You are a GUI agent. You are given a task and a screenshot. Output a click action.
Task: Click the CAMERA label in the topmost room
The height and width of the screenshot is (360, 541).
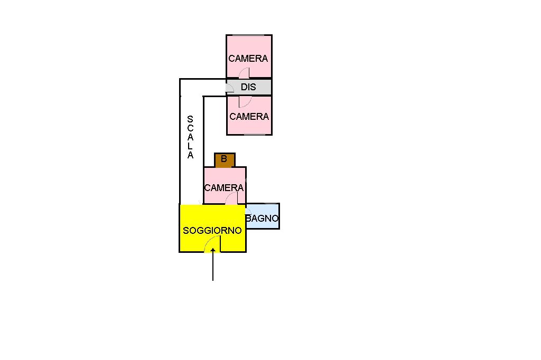248,59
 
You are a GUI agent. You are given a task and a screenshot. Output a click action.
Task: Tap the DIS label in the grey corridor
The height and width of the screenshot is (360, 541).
248,87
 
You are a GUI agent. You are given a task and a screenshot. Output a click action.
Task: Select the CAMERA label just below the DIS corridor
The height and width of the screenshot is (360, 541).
249,117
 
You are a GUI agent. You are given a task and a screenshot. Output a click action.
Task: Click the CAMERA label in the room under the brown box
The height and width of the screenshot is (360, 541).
224,188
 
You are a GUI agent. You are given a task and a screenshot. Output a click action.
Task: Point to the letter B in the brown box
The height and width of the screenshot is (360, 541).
224,159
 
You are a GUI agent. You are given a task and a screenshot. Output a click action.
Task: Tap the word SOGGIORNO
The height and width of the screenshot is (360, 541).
212,231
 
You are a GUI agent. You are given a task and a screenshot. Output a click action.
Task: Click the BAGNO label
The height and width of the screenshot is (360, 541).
263,218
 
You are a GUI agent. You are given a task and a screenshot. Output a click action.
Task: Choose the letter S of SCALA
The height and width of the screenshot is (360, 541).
190,120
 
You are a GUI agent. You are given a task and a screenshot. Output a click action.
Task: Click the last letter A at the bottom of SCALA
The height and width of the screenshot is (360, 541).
190,156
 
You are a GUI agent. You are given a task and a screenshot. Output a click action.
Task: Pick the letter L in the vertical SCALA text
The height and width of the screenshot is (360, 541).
190,147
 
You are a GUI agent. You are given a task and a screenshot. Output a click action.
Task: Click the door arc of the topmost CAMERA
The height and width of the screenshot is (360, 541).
244,73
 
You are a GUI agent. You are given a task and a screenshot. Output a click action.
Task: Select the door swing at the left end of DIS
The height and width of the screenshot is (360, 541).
230,88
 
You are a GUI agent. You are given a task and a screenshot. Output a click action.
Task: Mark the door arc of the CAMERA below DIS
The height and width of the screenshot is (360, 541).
244,101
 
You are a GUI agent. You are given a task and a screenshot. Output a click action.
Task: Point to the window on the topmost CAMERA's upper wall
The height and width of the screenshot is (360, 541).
249,35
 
